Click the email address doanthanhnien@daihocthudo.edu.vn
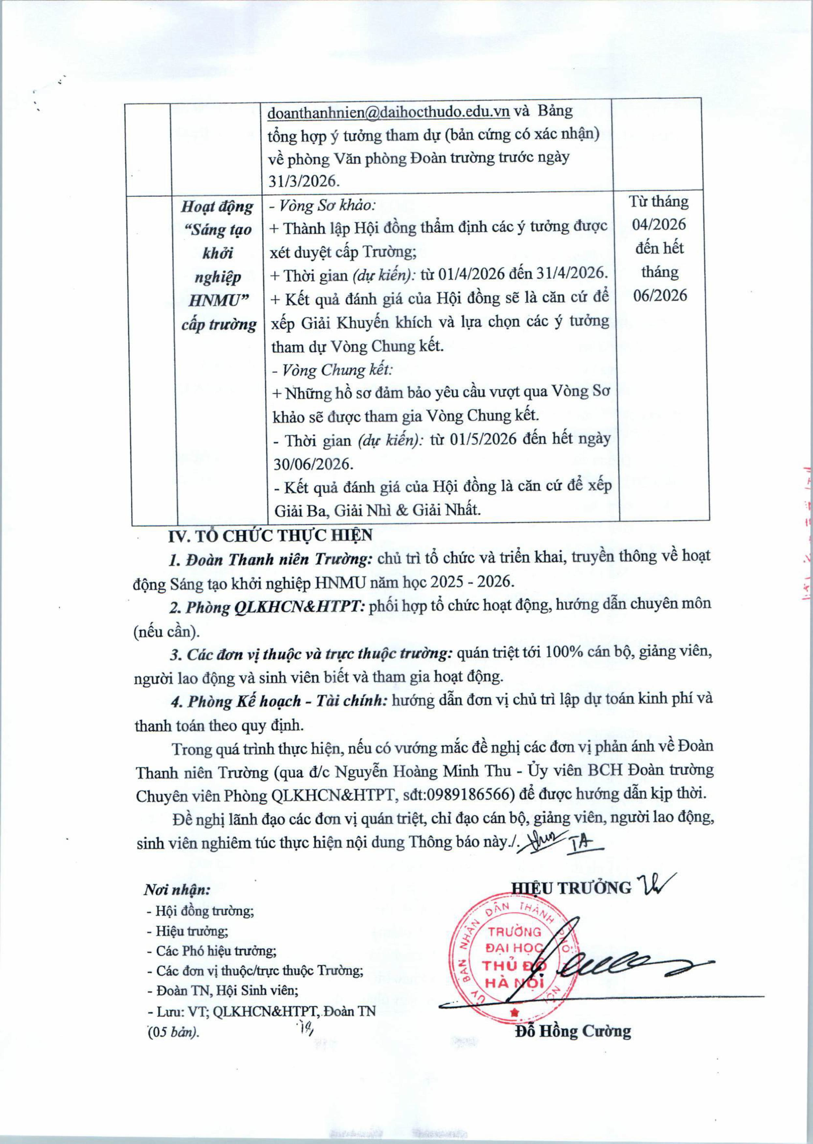(x=389, y=112)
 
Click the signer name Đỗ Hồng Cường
(x=573, y=1031)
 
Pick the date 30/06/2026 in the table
(x=313, y=464)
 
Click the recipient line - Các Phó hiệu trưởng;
(x=211, y=950)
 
